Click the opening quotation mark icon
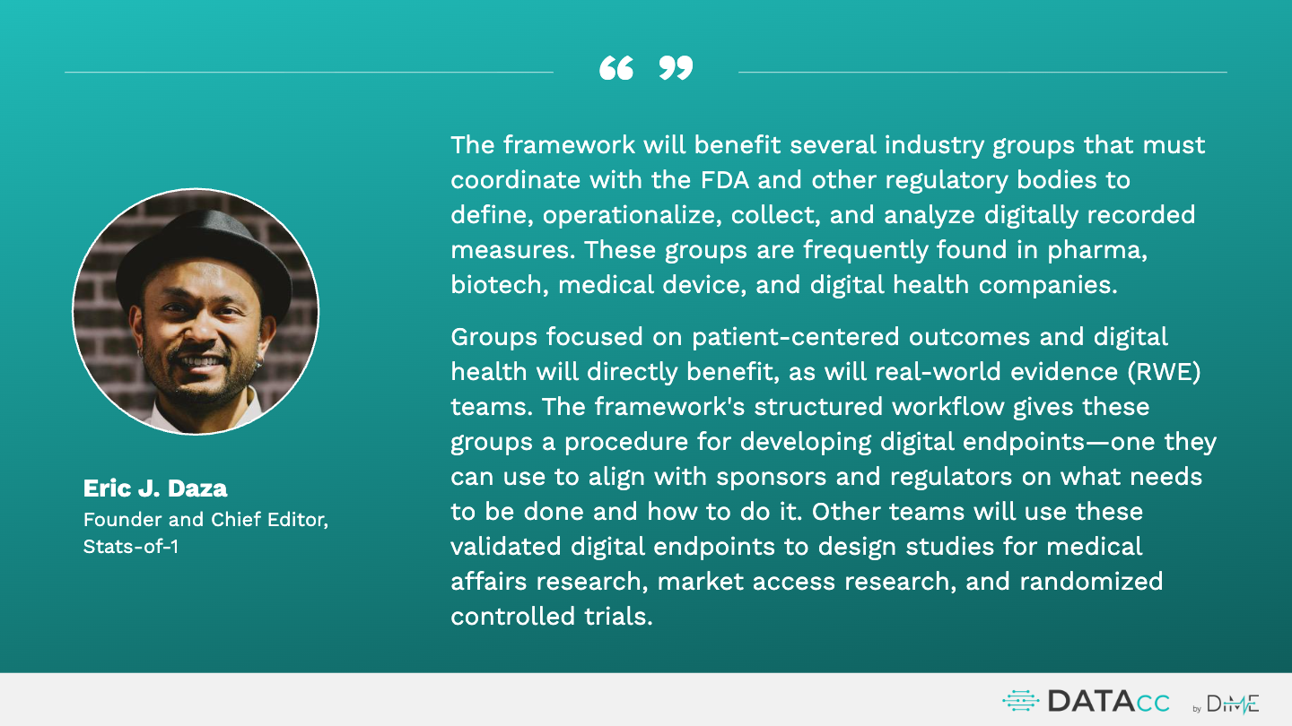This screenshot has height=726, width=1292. (616, 68)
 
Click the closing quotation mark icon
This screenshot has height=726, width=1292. (676, 68)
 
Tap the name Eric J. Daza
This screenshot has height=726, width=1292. (155, 488)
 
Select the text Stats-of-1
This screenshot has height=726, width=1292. (131, 546)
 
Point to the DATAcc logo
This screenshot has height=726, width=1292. (1086, 701)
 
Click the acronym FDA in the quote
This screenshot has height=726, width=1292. (724, 180)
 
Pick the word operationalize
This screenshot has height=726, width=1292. (633, 215)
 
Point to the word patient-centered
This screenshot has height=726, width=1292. (795, 337)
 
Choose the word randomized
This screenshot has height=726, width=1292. (1091, 581)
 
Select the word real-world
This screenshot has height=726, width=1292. (938, 372)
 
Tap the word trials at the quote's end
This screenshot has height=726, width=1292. (618, 616)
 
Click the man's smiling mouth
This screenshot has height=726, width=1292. (200, 363)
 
